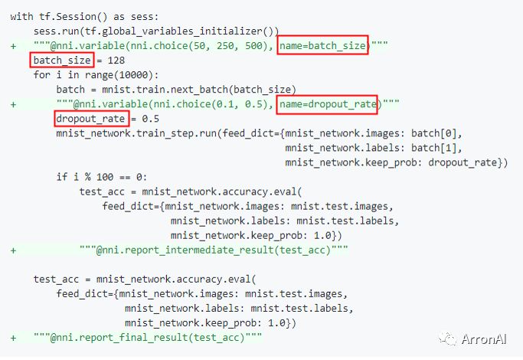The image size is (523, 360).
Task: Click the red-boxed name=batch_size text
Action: [x=322, y=45]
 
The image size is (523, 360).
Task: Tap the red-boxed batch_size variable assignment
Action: [x=62, y=60]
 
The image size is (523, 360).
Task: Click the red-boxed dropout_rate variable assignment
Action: [x=90, y=119]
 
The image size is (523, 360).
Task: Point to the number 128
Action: [x=116, y=60]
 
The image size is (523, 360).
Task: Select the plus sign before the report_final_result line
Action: [x=13, y=338]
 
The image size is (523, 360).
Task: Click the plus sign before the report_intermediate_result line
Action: [x=13, y=250]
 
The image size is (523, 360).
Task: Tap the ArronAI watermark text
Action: [x=484, y=339]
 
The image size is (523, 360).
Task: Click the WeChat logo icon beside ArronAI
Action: [x=447, y=339]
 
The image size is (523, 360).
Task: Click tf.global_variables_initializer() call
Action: [x=179, y=31]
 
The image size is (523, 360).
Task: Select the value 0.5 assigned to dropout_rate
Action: [x=150, y=119]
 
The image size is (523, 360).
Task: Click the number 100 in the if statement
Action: [x=105, y=177]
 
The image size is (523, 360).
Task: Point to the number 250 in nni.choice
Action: [x=225, y=45]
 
